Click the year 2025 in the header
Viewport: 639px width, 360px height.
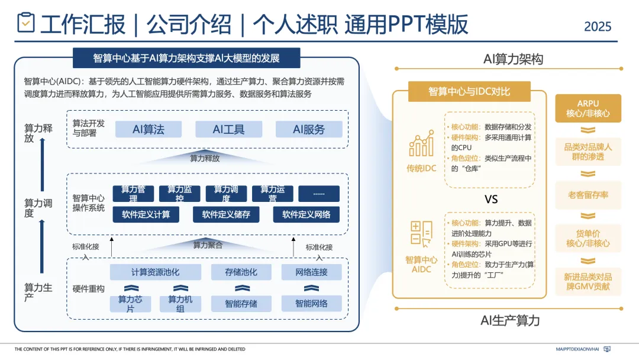pyautogui.click(x=597, y=27)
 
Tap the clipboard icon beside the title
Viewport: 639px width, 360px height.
pyautogui.click(x=25, y=23)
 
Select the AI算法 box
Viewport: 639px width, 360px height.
pyautogui.click(x=149, y=129)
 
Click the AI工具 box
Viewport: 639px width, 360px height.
pyautogui.click(x=228, y=129)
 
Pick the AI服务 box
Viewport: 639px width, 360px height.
pyautogui.click(x=309, y=129)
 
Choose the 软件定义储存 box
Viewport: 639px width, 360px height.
pyautogui.click(x=226, y=214)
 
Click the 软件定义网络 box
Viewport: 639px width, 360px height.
pyautogui.click(x=306, y=214)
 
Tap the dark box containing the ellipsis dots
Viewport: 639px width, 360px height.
pyautogui.click(x=319, y=194)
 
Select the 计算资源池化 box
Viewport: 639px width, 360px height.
pyautogui.click(x=156, y=272)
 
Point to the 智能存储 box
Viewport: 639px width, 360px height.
pyautogui.click(x=241, y=304)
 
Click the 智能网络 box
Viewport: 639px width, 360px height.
pyautogui.click(x=312, y=304)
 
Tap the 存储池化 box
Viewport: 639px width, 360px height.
pyautogui.click(x=241, y=272)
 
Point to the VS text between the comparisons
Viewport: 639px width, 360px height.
pyautogui.click(x=491, y=200)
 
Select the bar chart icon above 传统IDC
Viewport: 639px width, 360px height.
pyautogui.click(x=421, y=145)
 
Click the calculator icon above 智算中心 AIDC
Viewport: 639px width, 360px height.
pyautogui.click(x=421, y=233)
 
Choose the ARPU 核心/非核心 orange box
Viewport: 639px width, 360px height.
pyautogui.click(x=588, y=108)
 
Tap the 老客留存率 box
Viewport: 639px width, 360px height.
pyautogui.click(x=588, y=195)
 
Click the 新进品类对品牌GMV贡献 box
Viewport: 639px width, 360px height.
pyautogui.click(x=588, y=282)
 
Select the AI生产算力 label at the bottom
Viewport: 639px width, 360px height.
pyautogui.click(x=510, y=320)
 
